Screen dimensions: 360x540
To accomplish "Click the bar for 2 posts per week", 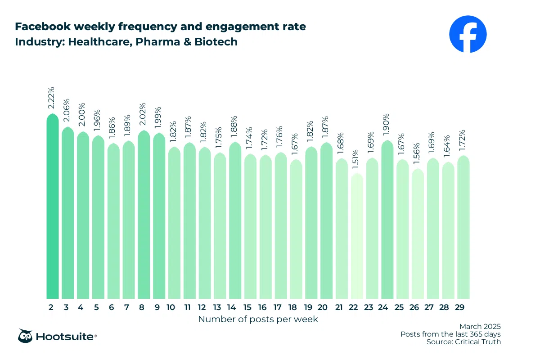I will [x=53, y=207].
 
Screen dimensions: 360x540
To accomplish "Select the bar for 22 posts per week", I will [x=357, y=236].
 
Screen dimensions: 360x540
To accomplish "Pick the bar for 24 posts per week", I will [x=387, y=220].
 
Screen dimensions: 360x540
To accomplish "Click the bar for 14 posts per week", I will [x=235, y=220].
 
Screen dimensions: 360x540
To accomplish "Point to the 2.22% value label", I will [x=52, y=98].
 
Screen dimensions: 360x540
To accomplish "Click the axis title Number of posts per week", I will [x=258, y=319].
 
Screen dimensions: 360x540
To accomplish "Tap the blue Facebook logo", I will [x=468, y=34].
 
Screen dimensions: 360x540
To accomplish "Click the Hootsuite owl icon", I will [x=25, y=336].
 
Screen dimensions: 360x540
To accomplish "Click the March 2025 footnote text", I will [x=480, y=326].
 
